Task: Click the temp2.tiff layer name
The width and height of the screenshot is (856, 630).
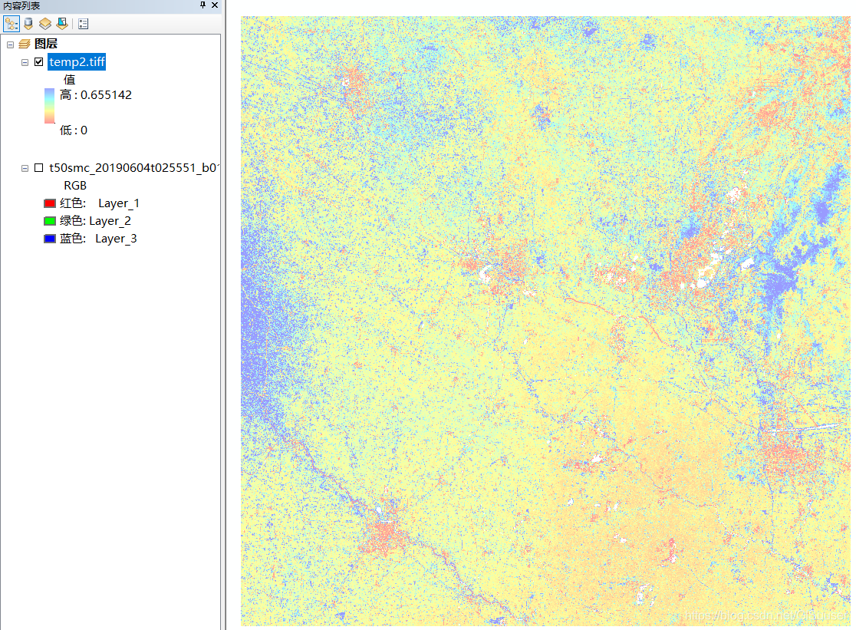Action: click(77, 62)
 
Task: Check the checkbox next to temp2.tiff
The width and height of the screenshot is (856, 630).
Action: click(39, 62)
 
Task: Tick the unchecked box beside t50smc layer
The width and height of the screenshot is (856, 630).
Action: click(39, 167)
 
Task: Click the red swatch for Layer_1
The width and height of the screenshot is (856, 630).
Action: click(50, 203)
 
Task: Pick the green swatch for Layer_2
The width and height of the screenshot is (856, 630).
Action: click(50, 221)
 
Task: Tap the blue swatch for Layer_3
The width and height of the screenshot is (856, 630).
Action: click(50, 239)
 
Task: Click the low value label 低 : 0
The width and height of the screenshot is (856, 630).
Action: click(74, 130)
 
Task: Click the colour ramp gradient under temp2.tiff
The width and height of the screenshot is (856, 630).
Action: click(49, 106)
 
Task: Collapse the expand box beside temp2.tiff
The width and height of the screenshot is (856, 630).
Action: click(25, 62)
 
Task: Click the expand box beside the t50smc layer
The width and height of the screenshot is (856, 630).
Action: click(25, 167)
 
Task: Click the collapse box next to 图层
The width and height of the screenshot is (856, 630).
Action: click(10, 45)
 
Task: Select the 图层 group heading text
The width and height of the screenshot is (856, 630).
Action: click(46, 45)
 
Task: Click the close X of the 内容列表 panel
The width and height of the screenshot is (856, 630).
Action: click(215, 5)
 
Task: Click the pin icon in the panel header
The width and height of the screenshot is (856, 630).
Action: click(202, 5)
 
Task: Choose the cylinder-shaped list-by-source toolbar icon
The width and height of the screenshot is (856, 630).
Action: click(28, 24)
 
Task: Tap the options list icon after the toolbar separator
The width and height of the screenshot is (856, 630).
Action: click(83, 24)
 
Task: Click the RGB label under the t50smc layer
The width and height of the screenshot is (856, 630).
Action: click(75, 186)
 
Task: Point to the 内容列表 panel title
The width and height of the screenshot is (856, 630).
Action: click(21, 5)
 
